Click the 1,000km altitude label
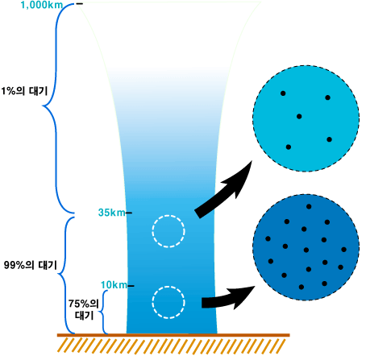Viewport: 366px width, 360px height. point(42,5)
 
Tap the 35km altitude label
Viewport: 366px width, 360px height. point(112,213)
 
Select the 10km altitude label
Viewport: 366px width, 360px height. point(114,285)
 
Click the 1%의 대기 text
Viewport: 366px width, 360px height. point(24,91)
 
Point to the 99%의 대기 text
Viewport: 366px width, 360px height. point(31,265)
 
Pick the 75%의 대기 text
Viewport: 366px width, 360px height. point(84,309)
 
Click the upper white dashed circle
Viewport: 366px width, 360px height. point(168,231)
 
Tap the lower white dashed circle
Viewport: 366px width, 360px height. point(168,302)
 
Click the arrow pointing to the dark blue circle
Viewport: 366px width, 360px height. point(228,300)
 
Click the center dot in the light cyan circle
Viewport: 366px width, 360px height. point(299,117)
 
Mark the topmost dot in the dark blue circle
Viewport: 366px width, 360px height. point(309,207)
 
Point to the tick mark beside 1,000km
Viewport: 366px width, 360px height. point(79,4)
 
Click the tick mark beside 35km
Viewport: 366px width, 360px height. point(129,213)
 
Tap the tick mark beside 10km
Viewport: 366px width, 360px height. point(131,286)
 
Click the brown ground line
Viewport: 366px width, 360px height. point(173,335)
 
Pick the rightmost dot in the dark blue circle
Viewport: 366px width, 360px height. point(343,250)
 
